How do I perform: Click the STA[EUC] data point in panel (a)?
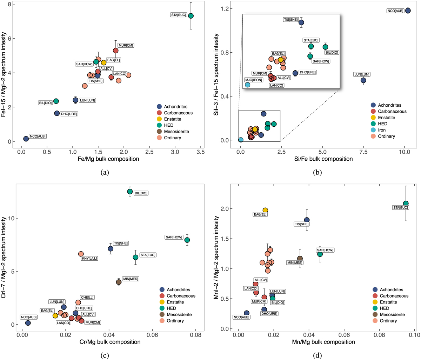coord(191,16)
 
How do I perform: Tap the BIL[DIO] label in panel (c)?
coord(141,193)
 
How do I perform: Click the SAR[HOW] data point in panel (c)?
coord(187,240)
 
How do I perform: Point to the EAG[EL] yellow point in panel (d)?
coord(265,210)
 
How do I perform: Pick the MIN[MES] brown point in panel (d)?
coord(300,259)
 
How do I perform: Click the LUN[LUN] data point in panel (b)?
coord(363,80)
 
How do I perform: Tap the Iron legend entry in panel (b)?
coord(382,130)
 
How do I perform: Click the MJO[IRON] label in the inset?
coord(253,80)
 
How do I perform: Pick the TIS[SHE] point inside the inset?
coord(301,22)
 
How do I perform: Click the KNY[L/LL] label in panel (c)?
coord(89,259)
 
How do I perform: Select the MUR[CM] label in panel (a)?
coord(126,46)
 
